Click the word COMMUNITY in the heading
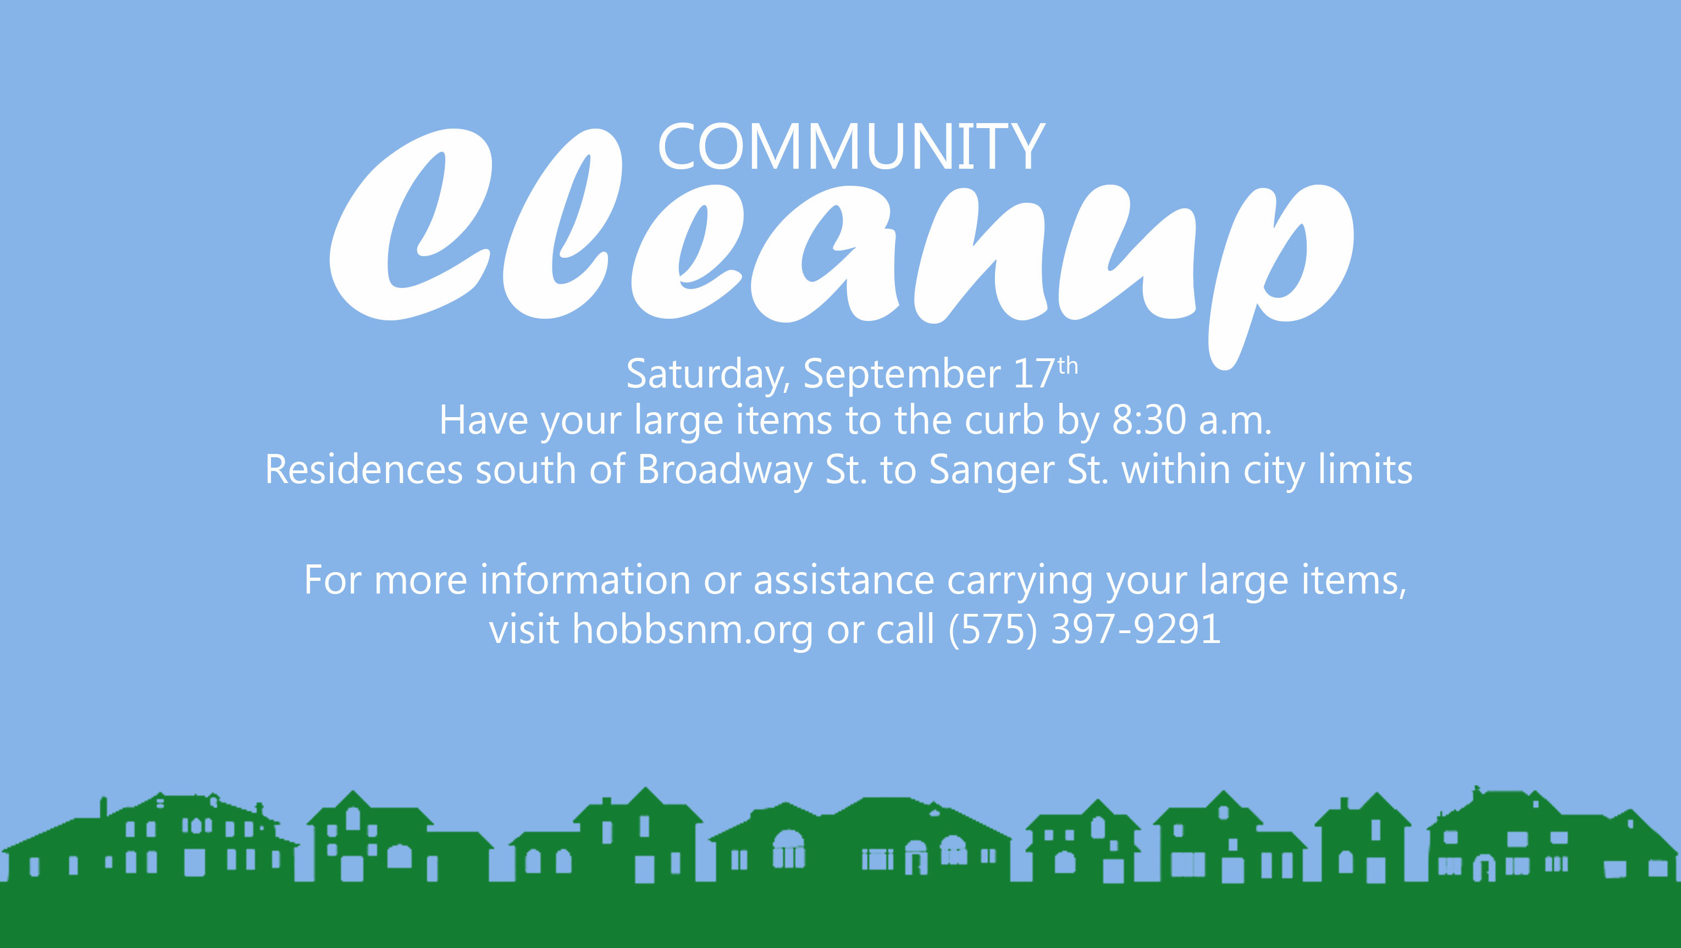851,147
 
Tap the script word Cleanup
842,248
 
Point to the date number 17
1035,374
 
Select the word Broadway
725,470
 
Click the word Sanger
991,470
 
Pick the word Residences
364,470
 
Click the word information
585,579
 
